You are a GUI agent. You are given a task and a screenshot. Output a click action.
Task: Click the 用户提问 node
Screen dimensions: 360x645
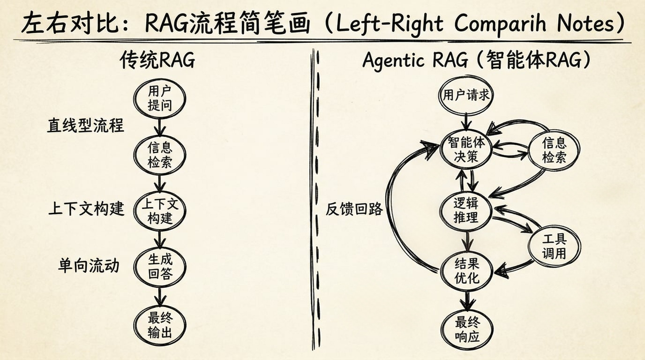tap(160, 98)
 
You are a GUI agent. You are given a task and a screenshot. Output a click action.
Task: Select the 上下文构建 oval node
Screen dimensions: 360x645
tap(160, 211)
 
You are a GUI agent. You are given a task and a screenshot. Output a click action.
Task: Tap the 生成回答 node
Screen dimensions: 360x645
tap(160, 267)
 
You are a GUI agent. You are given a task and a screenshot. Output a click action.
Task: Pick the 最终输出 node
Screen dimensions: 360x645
tap(160, 325)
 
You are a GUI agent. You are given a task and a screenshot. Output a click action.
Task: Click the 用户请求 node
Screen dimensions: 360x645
tap(466, 96)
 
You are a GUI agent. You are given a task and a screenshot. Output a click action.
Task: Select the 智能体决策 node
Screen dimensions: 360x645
tap(466, 150)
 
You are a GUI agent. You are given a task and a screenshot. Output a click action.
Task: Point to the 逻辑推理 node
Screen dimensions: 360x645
tap(466, 210)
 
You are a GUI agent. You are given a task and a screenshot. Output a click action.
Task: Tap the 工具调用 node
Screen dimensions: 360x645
tap(554, 247)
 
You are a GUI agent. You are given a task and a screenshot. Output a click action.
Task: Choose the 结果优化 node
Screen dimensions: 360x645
tap(466, 270)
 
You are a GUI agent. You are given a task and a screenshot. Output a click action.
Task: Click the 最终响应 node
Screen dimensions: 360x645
tap(467, 329)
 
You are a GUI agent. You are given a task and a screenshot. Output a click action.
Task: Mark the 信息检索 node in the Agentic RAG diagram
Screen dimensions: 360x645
tap(554, 150)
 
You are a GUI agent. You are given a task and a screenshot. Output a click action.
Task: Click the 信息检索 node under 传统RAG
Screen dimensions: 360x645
tap(160, 155)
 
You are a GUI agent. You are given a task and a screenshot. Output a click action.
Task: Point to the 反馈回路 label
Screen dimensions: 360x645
tap(354, 209)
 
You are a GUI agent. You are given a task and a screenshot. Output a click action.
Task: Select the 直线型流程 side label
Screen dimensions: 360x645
tap(85, 126)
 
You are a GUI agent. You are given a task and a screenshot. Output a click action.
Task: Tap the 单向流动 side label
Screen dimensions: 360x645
tap(89, 266)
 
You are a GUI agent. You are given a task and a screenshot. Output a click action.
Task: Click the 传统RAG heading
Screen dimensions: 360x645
tap(157, 61)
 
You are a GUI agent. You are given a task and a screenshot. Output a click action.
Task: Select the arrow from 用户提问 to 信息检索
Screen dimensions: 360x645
tap(160, 127)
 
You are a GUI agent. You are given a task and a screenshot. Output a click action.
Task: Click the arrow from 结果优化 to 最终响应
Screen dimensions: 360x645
tap(467, 300)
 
